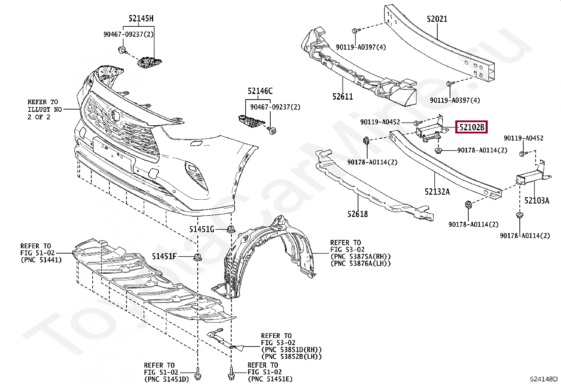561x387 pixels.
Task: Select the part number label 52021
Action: tap(437, 19)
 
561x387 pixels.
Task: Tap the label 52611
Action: tap(342, 96)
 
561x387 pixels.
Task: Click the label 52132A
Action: tap(437, 192)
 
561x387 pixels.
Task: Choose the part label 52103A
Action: tap(537, 201)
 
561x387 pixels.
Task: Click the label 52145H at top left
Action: tap(141, 19)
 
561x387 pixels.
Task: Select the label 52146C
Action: tap(260, 91)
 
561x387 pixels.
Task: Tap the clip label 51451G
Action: tap(202, 230)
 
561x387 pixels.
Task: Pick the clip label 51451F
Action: tap(164, 256)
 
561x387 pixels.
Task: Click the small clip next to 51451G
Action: tap(231, 230)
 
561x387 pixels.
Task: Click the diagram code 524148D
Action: tap(544, 379)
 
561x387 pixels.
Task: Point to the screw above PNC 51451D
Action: tap(198, 371)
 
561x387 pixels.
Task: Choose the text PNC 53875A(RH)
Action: tap(360, 256)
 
